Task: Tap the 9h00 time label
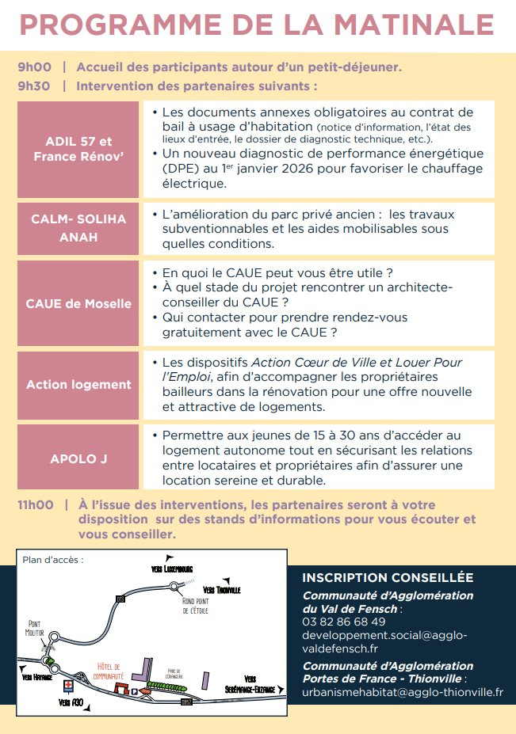coord(34,67)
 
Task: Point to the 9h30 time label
coord(34,86)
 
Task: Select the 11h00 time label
coord(36,504)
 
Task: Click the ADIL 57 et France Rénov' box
coord(79,150)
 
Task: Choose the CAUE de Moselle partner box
coord(79,304)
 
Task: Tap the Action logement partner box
coord(79,385)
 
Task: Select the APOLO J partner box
coord(79,458)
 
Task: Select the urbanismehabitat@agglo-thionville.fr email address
coord(403,692)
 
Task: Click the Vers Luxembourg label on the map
coord(172,569)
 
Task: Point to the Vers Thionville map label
coord(222,591)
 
